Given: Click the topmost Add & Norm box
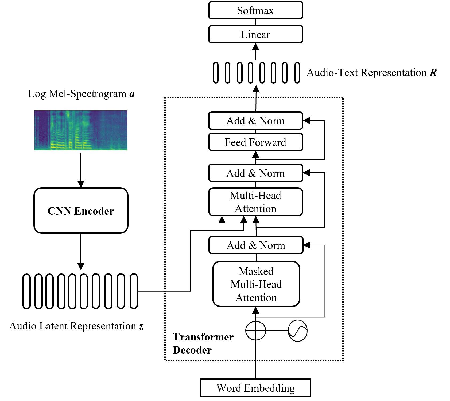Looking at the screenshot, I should [x=255, y=121].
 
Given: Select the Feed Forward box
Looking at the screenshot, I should [x=255, y=142].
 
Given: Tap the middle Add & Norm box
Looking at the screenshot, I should [x=255, y=173].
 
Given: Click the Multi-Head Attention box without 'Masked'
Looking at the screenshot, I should [x=255, y=202].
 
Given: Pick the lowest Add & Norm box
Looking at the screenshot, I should [x=256, y=245].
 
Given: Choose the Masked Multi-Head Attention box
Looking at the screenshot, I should [x=256, y=284].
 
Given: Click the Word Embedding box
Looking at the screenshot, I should [x=255, y=388].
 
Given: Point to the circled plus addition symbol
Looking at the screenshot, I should [x=256, y=331].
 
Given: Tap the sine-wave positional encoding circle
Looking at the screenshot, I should [x=297, y=331].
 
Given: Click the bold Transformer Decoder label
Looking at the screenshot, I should [x=203, y=343].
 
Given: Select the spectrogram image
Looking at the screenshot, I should [x=81, y=130].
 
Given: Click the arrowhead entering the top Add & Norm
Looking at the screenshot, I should [x=307, y=121].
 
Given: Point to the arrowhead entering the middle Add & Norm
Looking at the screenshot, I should [x=307, y=173].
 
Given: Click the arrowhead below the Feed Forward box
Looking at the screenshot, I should [x=256, y=154].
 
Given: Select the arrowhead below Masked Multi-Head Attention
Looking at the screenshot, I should [x=256, y=310].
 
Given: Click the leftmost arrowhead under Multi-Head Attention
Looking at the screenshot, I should [x=222, y=220].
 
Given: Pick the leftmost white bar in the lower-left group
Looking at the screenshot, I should [x=26, y=291].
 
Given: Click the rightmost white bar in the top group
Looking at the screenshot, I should [x=297, y=73].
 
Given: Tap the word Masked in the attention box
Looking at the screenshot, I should [x=256, y=271].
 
